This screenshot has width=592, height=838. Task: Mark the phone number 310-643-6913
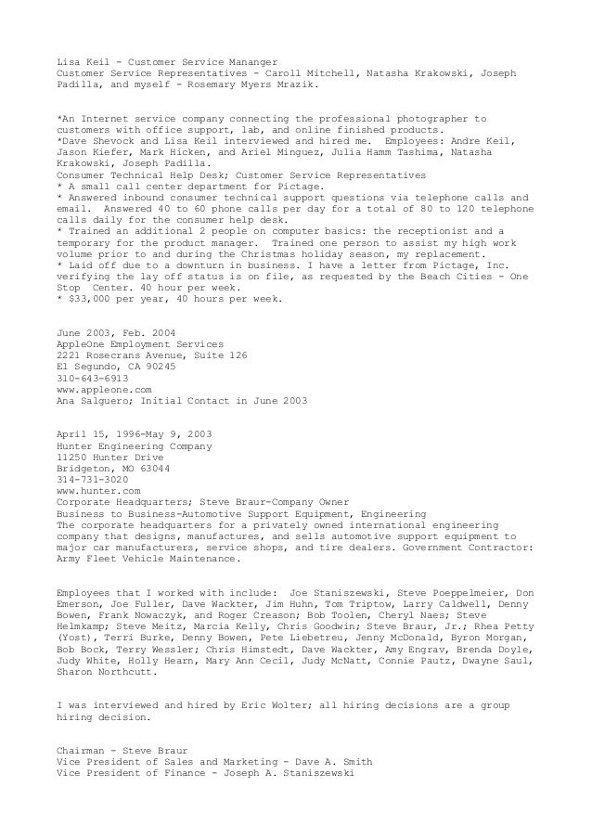point(92,378)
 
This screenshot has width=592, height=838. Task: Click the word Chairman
point(84,749)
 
